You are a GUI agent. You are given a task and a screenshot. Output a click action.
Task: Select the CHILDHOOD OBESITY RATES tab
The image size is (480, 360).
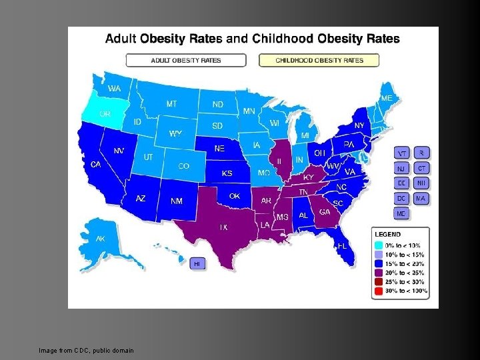319,60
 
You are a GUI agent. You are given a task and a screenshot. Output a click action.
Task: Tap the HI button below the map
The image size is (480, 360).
197,263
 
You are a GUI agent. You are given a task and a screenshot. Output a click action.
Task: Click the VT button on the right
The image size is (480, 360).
402,153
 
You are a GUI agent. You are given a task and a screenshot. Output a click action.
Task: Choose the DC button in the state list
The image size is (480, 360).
402,198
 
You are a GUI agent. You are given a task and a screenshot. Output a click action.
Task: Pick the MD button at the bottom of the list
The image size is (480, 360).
402,213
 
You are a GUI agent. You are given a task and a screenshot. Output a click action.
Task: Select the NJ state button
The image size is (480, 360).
402,168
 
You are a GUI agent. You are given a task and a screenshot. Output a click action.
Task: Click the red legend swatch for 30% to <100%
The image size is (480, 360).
379,291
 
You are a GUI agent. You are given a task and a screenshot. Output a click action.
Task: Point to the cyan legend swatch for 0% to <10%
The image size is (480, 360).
379,245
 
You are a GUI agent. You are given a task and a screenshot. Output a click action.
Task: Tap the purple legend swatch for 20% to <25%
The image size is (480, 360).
379,273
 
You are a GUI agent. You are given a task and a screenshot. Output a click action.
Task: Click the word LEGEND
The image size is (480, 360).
387,235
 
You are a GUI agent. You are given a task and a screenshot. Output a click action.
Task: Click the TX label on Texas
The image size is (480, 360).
223,227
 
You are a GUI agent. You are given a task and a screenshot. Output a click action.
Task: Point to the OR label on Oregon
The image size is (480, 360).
105,113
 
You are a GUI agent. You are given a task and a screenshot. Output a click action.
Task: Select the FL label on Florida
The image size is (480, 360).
342,246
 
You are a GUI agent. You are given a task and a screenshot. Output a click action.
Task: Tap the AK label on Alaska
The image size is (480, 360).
100,239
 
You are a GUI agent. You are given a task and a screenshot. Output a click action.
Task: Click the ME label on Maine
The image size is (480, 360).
387,98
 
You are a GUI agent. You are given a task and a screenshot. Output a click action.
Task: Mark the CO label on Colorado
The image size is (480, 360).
183,166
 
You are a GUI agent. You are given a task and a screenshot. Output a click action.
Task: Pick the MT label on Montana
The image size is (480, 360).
171,104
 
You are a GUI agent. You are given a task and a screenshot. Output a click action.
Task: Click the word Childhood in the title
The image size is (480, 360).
289,39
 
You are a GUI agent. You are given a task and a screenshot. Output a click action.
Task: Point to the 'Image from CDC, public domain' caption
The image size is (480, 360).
86,350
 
